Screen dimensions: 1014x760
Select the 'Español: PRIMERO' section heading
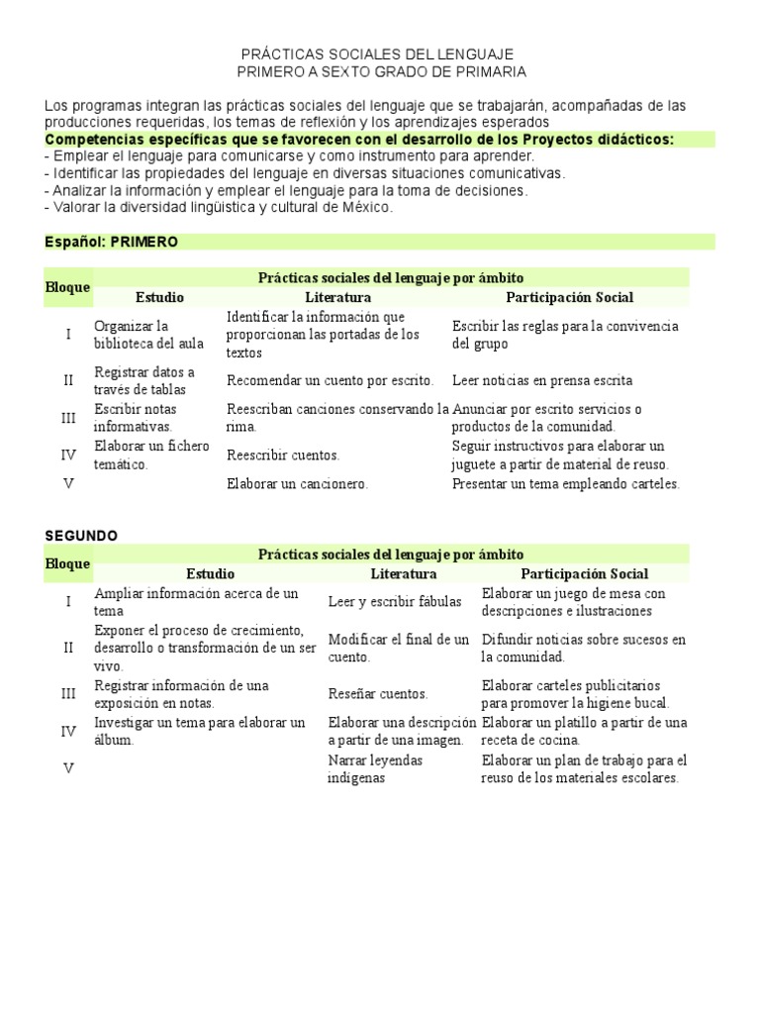pos(112,242)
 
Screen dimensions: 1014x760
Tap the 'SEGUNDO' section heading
pos(81,535)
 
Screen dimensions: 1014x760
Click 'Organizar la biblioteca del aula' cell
pos(148,334)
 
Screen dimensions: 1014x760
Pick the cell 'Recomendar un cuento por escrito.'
pos(330,380)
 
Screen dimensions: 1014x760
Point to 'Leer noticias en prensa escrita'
pos(541,380)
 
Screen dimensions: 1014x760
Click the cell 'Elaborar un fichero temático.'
pos(151,455)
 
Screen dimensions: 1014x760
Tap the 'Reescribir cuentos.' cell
pos(283,456)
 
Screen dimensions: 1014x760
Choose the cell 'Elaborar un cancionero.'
pos(297,484)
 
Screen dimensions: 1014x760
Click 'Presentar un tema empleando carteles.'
pos(566,484)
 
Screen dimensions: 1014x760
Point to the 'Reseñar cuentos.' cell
pos(377,694)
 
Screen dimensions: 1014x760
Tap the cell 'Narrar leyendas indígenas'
pos(375,768)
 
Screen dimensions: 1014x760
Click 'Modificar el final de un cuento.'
pos(398,648)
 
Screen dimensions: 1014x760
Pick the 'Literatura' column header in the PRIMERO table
pos(337,297)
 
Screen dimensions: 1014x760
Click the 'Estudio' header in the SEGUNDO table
pos(210,573)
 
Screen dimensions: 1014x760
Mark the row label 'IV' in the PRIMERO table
pos(68,455)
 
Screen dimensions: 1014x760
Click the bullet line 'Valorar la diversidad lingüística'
pos(219,207)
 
